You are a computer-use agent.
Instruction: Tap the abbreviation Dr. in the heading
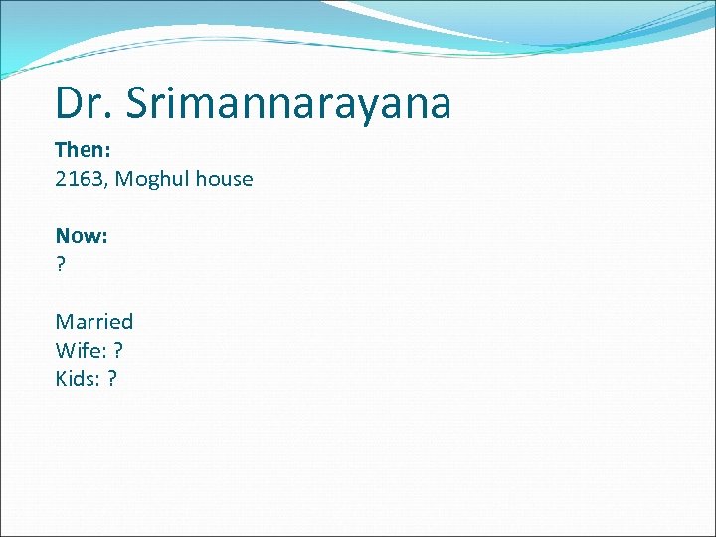click(83, 103)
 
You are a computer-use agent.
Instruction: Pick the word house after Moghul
click(225, 179)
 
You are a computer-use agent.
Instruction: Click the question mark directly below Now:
click(61, 265)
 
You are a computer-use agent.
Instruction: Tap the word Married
click(94, 321)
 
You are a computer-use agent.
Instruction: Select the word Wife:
click(81, 350)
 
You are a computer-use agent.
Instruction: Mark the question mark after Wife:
click(118, 350)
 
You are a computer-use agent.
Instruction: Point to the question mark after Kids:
click(111, 379)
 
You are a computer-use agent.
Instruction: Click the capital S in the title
click(138, 103)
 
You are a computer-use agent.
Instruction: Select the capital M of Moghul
click(124, 179)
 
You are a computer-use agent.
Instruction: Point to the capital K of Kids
click(62, 379)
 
